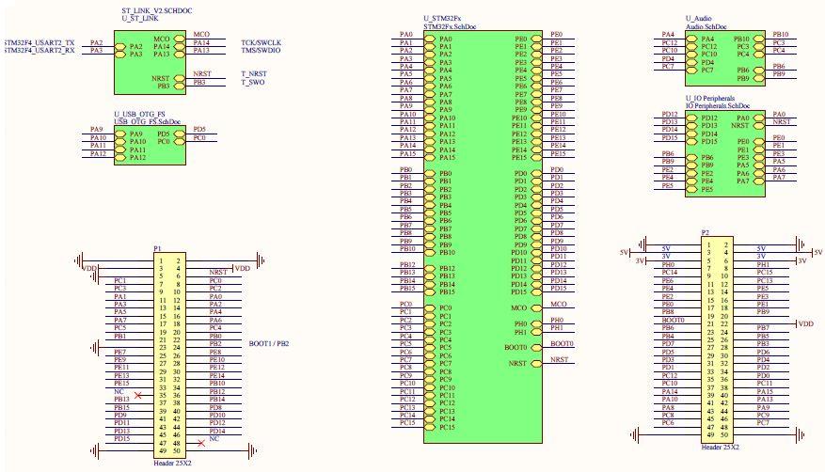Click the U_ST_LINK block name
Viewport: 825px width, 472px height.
pyautogui.click(x=140, y=19)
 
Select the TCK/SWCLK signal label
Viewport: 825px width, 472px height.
pyautogui.click(x=262, y=43)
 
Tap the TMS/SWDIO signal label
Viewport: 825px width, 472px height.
pyautogui.click(x=262, y=51)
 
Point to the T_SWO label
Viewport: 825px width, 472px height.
pyautogui.click(x=253, y=83)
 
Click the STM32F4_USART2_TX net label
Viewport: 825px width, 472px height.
pyautogui.click(x=40, y=43)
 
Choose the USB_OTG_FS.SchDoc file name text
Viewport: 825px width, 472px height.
pyautogui.click(x=148, y=122)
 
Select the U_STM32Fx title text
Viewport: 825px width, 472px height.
pyautogui.click(x=443, y=19)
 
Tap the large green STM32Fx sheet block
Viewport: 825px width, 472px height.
pyautogui.click(x=482, y=235)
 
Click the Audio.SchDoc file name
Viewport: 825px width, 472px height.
pyautogui.click(x=707, y=27)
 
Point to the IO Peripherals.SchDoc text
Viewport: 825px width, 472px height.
pyautogui.click(x=717, y=106)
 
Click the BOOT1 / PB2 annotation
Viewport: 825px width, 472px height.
pyautogui.click(x=268, y=343)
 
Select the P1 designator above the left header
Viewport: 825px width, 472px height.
pyautogui.click(x=157, y=248)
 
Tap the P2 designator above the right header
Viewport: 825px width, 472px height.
pyautogui.click(x=705, y=231)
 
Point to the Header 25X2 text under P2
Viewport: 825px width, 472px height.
pyautogui.click(x=719, y=447)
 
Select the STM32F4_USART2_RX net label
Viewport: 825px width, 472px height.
pyautogui.click(x=40, y=51)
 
